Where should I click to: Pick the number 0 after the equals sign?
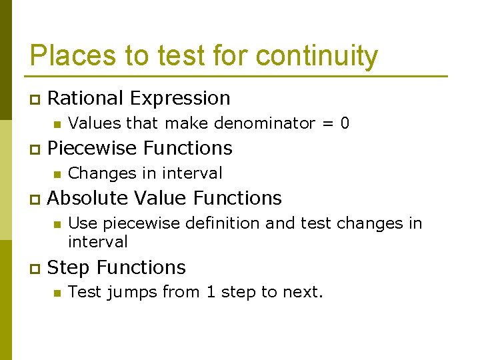(345, 123)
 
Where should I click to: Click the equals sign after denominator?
(327, 123)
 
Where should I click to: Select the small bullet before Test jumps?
(57, 293)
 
